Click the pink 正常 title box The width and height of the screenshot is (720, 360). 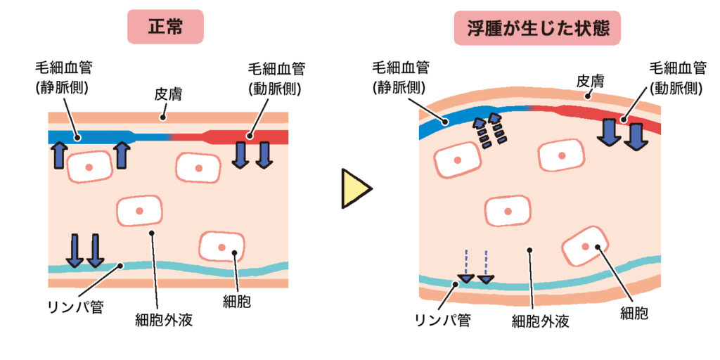click(x=165, y=27)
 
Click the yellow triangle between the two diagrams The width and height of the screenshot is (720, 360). click(x=356, y=188)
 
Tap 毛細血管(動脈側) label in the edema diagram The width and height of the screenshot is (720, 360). click(x=677, y=77)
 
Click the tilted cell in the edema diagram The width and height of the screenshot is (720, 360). click(x=584, y=245)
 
